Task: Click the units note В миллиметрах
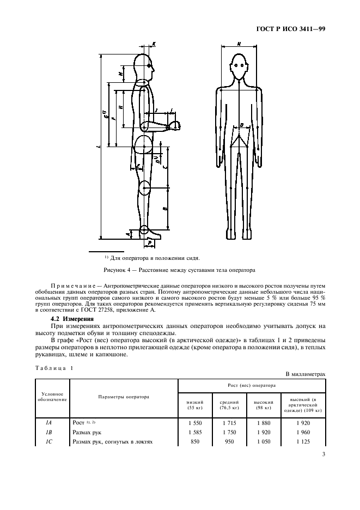[x=306, y=374]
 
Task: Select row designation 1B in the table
[x=52, y=432]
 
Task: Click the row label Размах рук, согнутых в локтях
[x=112, y=442]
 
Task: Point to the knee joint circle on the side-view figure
[x=144, y=188]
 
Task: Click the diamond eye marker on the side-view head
[x=150, y=66]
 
